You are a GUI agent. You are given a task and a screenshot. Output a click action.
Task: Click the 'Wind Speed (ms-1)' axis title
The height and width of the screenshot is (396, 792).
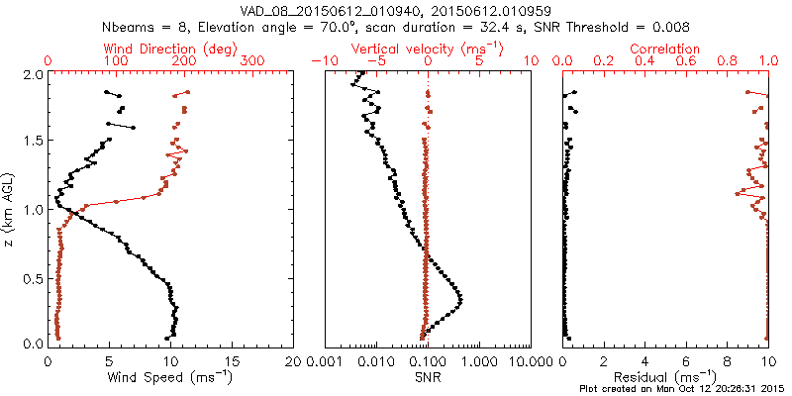(172, 377)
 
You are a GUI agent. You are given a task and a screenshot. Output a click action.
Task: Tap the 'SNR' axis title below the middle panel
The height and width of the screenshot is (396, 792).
(428, 377)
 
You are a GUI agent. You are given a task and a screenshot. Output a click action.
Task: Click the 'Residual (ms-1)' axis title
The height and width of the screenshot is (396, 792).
(669, 377)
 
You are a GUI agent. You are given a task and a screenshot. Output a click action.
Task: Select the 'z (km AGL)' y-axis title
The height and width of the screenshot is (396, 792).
(10, 210)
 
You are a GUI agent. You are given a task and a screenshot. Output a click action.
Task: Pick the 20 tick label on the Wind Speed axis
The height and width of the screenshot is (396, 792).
(294, 360)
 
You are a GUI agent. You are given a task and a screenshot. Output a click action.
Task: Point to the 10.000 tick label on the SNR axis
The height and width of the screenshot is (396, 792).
(526, 360)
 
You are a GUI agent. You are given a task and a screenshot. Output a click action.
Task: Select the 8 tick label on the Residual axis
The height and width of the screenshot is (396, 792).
(727, 360)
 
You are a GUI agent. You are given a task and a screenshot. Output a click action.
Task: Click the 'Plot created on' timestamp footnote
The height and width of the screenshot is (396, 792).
(683, 389)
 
